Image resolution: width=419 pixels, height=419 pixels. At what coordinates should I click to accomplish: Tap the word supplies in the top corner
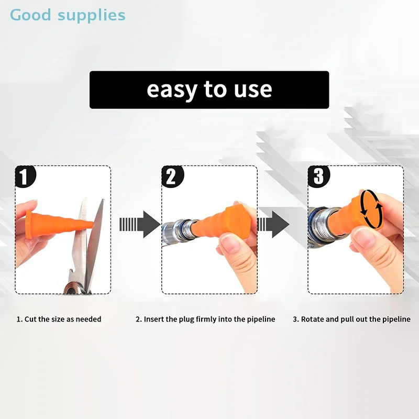click(92, 16)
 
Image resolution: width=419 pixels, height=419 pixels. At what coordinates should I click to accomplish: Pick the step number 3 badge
click(318, 177)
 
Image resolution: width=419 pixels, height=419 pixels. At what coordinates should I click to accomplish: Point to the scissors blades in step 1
click(90, 241)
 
